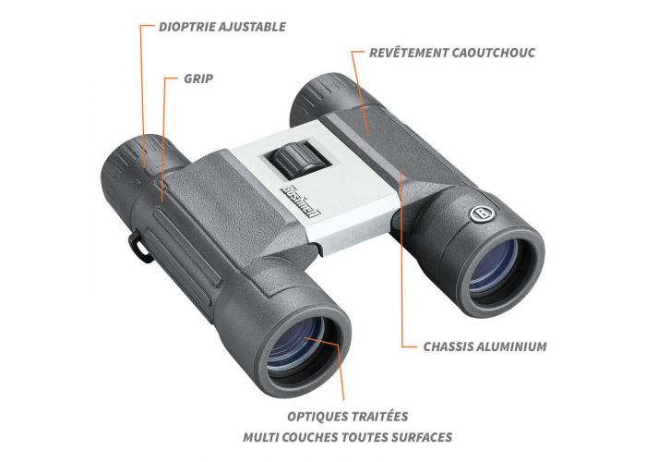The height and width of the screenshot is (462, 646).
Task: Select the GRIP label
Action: tap(198, 79)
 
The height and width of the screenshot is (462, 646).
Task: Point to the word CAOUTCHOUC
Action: tap(494, 53)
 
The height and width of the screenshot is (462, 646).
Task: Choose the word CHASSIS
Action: tap(449, 346)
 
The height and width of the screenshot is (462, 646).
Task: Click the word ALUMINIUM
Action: tap(512, 346)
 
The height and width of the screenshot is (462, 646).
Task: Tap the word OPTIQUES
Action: tap(317, 416)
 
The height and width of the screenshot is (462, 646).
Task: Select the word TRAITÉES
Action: tap(378, 416)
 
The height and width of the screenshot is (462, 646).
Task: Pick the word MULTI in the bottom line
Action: tap(258, 437)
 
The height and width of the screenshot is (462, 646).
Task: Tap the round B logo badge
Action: tap(482, 213)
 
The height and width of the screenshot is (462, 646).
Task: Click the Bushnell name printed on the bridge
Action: tap(301, 201)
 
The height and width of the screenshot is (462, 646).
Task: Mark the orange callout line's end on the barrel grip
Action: tap(162, 201)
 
